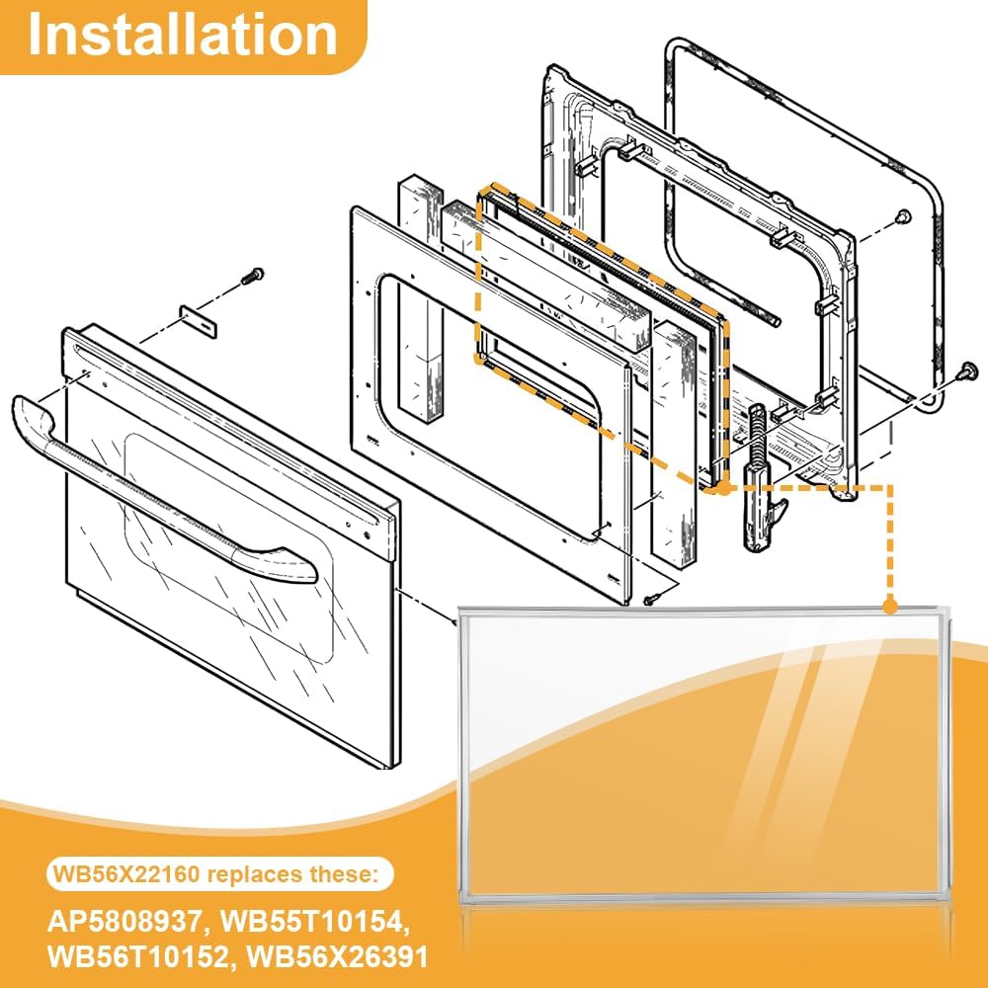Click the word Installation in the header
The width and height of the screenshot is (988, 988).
pos(183,35)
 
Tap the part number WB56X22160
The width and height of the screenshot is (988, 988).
pos(126,874)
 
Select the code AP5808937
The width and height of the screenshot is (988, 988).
pos(124,922)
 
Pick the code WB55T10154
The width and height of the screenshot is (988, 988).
pos(315,922)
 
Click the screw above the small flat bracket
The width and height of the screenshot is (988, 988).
pos(253,276)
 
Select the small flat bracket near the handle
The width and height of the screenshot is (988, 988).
pos(198,321)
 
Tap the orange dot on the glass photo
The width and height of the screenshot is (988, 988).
pos(890,607)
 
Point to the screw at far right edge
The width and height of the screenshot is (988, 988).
pos(968,371)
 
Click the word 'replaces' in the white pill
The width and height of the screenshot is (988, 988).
pos(254,875)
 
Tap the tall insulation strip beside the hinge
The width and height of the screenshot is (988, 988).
pos(674,441)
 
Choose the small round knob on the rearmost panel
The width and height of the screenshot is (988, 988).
pos(903,216)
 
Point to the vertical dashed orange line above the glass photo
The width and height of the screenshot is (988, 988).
pos(890,541)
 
